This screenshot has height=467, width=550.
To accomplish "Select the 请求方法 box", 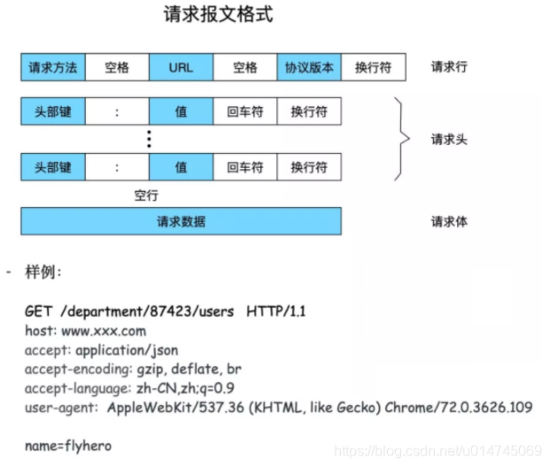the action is (x=53, y=67).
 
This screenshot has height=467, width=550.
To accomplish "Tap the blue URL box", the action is (x=181, y=67).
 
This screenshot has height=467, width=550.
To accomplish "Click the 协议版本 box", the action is (x=309, y=67).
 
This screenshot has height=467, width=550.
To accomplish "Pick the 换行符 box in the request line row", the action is (x=373, y=67).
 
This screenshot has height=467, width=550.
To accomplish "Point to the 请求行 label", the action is (x=450, y=67).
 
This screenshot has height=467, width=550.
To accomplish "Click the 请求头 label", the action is (x=450, y=139).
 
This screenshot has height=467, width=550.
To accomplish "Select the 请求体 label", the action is (x=450, y=221).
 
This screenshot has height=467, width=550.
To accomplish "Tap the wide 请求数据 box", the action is (x=181, y=221).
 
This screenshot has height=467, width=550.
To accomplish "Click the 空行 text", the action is (x=146, y=195).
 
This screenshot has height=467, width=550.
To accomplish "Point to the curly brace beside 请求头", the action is (x=404, y=138).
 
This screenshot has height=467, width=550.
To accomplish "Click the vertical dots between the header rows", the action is (x=149, y=139).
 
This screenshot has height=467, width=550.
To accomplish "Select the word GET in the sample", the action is (x=37, y=311).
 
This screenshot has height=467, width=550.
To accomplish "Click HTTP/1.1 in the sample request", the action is (x=276, y=311).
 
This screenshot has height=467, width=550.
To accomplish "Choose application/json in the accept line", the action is (x=125, y=349).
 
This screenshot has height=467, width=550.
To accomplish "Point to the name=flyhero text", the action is (x=68, y=445).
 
